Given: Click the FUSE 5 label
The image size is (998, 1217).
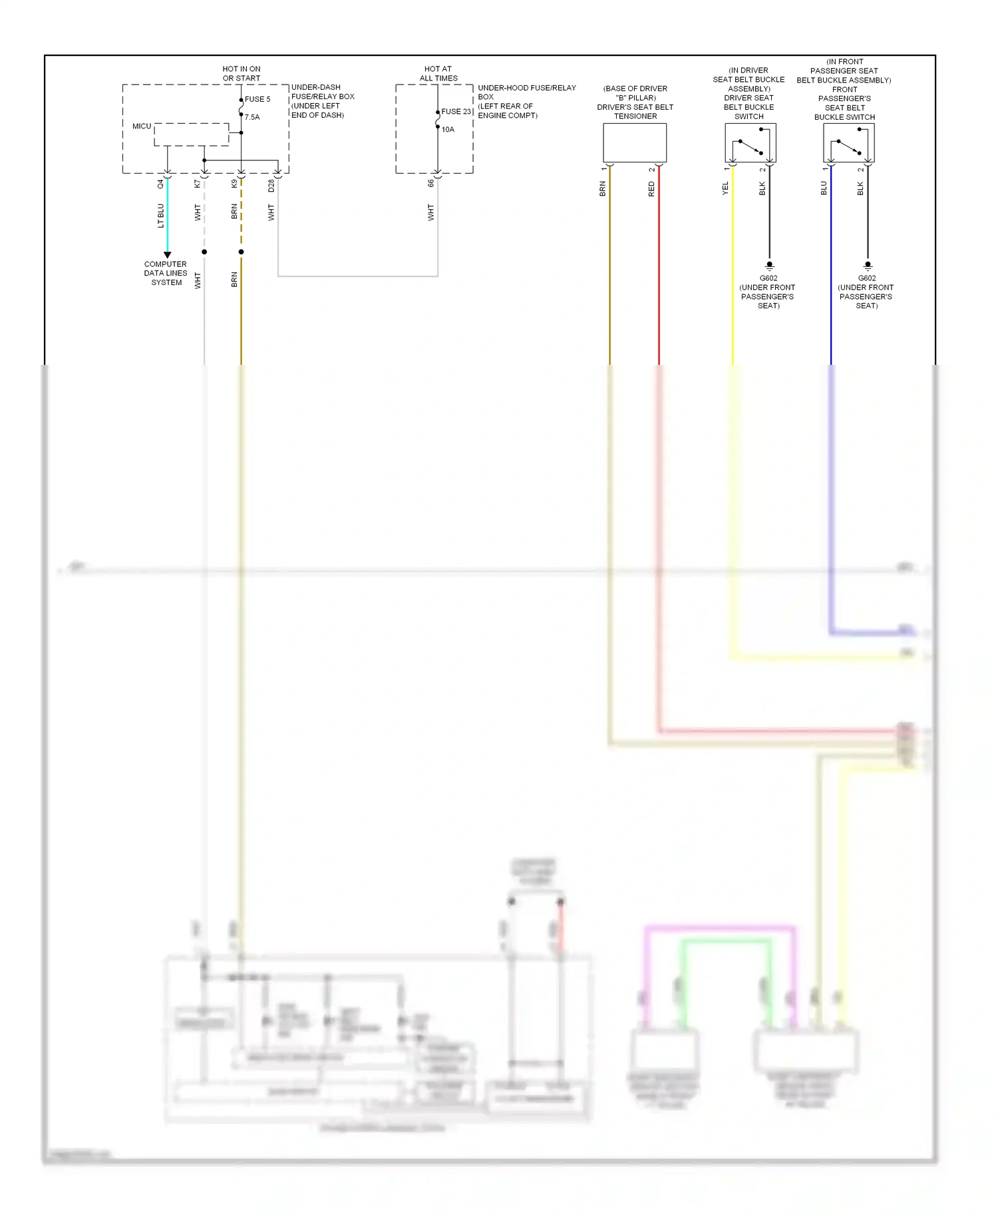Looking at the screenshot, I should point(257,99).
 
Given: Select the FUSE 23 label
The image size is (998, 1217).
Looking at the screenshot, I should point(456,112).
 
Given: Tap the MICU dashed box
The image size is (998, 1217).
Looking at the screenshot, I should point(192,134).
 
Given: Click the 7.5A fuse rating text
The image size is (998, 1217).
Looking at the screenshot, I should point(252,117).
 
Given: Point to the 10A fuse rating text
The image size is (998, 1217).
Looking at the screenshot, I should point(448,130).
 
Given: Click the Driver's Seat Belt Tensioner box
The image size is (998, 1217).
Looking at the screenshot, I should point(634,142).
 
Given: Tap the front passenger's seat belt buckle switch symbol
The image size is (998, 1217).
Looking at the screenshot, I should point(848,143).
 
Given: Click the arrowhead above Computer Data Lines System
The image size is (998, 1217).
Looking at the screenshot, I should point(167,255).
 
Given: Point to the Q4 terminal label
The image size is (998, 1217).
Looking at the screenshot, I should point(160,184).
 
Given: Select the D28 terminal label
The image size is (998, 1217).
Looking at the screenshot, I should point(271,186).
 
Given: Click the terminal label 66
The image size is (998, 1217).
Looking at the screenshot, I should point(431,183).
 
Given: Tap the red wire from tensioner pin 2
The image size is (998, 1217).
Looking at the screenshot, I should point(659,266).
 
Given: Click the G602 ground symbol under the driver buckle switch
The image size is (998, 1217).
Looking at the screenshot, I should point(770,266).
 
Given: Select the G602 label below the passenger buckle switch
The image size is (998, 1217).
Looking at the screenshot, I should point(866,278).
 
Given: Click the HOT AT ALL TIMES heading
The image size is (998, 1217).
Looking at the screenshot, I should point(438,73).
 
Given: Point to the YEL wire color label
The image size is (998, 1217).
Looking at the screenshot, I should point(725,188).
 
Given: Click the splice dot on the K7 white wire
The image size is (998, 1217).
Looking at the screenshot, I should point(204,252).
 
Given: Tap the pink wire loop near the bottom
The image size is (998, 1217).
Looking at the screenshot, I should point(719,927).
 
